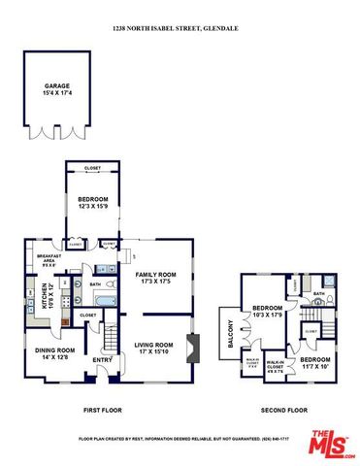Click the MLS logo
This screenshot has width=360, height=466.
click(331, 444)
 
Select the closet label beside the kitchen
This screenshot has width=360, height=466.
click(87, 316)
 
